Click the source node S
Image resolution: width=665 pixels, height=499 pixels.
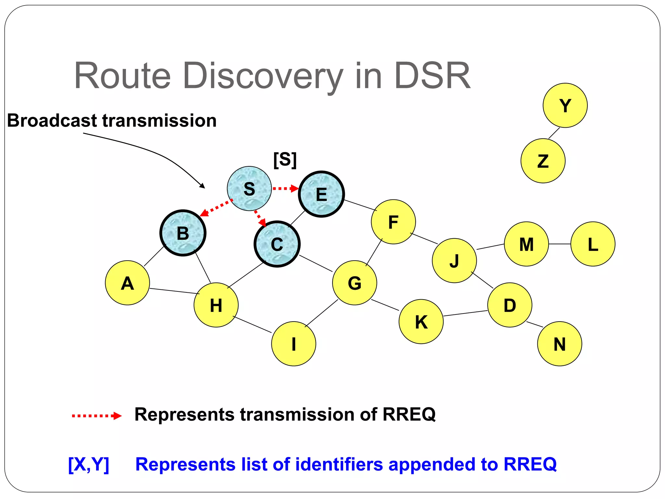tap(249, 188)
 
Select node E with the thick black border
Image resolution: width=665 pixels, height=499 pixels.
tap(321, 194)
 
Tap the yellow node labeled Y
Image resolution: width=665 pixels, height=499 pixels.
tap(565, 105)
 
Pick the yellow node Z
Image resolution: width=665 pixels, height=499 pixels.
tap(543, 161)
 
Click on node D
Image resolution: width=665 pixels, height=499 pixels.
tap(509, 305)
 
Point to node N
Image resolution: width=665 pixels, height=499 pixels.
tap(559, 344)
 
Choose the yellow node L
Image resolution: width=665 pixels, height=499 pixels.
tap(593, 244)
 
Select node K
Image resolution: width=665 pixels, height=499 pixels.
tap(421, 321)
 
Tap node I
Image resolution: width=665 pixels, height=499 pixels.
tap(294, 344)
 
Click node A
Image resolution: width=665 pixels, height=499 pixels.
tap(127, 283)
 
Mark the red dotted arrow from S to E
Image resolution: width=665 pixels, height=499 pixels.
tap(285, 188)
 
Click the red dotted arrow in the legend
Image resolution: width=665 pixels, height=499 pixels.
tap(96, 416)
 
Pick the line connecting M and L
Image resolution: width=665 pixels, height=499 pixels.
tap(559, 244)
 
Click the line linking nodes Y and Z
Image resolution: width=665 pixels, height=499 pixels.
tap(554, 133)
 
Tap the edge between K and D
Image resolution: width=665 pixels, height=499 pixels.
tap(465, 313)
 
